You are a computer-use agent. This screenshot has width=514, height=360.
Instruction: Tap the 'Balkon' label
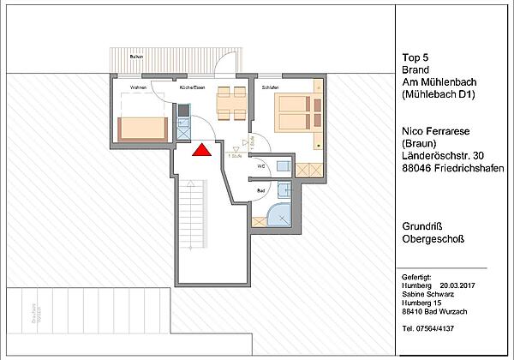click(135, 57)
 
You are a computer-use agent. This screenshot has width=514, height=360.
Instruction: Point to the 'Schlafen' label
click(268, 87)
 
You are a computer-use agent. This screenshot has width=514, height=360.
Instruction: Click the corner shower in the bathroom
click(280, 214)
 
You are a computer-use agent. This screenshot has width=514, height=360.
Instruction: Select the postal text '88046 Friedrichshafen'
click(452, 169)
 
